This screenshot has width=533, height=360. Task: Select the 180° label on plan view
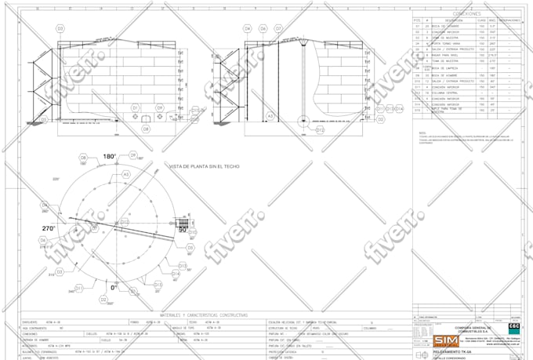[110, 157]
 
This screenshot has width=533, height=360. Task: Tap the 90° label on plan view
[183, 230]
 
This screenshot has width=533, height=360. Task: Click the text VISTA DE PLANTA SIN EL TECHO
[204, 166]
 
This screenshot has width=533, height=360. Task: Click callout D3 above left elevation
[60, 27]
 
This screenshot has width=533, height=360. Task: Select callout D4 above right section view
[248, 27]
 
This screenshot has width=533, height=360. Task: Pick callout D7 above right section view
[278, 27]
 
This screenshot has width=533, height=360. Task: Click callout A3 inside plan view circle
[125, 174]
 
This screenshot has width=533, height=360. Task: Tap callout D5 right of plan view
[188, 246]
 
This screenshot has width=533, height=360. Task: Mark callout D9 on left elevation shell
[159, 107]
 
